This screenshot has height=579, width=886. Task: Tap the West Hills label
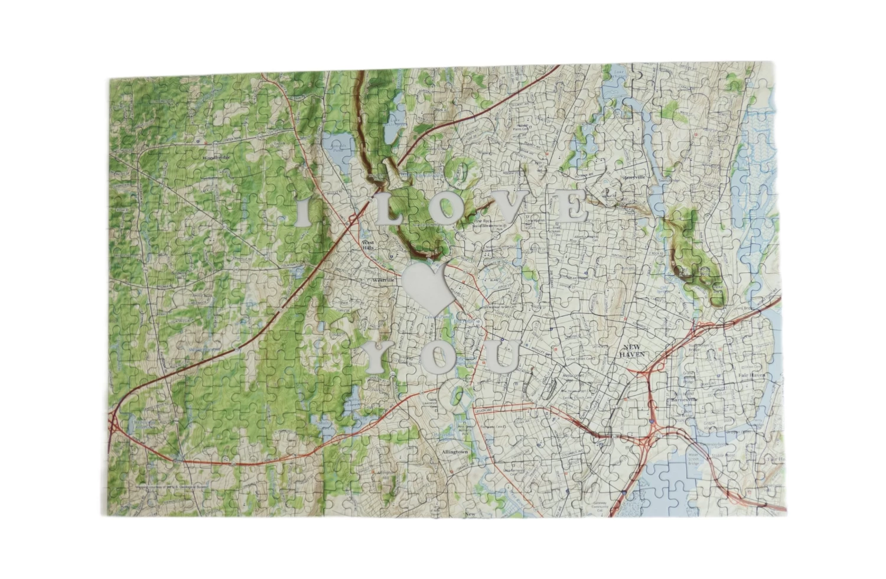[x=368, y=245]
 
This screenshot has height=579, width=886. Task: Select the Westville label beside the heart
[x=383, y=280]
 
